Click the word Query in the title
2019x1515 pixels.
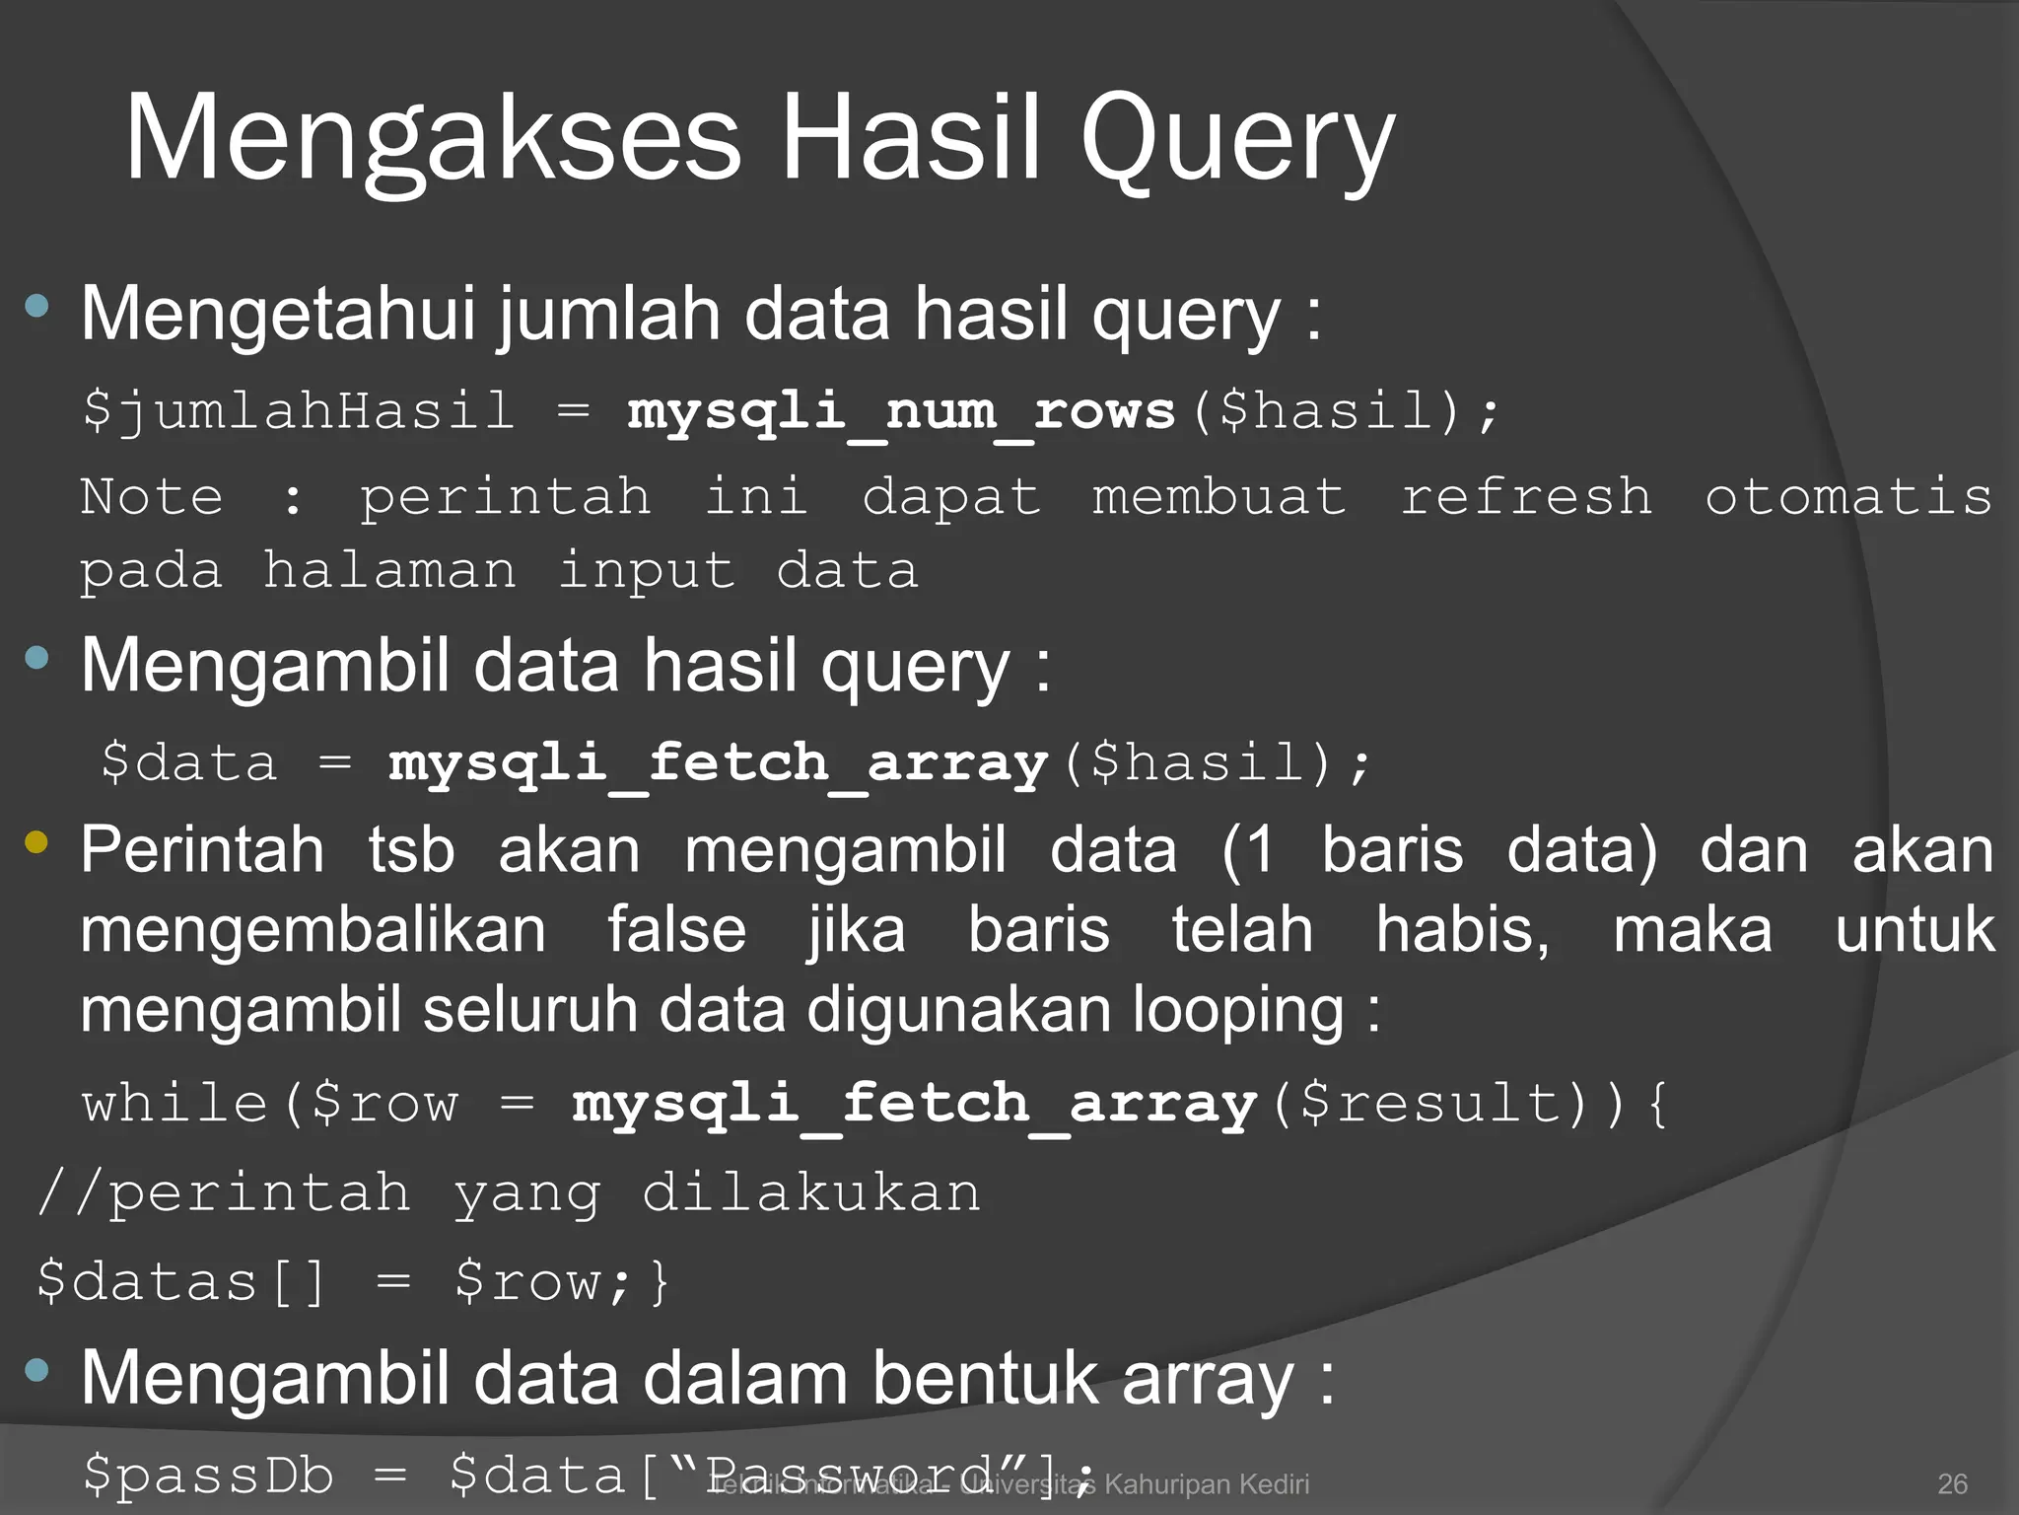(1237, 138)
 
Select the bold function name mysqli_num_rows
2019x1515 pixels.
(901, 411)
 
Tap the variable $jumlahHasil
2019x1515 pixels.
(299, 411)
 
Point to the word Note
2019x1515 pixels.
(152, 496)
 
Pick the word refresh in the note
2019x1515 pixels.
(1526, 496)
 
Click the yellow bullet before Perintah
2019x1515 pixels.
(37, 841)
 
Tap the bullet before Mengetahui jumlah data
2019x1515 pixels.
(37, 307)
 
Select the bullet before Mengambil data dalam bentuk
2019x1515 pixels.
(37, 1370)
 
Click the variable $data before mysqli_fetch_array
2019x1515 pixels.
(189, 763)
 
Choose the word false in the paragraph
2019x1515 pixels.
(676, 930)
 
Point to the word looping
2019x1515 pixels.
(1238, 1011)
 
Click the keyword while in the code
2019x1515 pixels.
(174, 1104)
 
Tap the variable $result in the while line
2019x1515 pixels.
(1429, 1104)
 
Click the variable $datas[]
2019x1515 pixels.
(180, 1282)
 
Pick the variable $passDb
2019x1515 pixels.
(208, 1476)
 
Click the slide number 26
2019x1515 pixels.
(1952, 1483)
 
